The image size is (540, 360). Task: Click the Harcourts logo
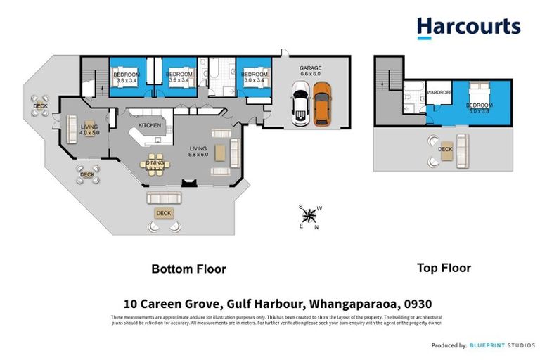(468, 27)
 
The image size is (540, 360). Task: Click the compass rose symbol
(309, 217)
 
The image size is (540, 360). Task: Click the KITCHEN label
(149, 125)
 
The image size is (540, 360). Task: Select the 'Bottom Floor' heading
(189, 269)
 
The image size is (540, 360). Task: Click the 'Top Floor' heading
(444, 267)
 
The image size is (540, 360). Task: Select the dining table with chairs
(154, 163)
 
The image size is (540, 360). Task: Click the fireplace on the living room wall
(188, 183)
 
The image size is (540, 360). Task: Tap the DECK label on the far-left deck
(40, 106)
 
